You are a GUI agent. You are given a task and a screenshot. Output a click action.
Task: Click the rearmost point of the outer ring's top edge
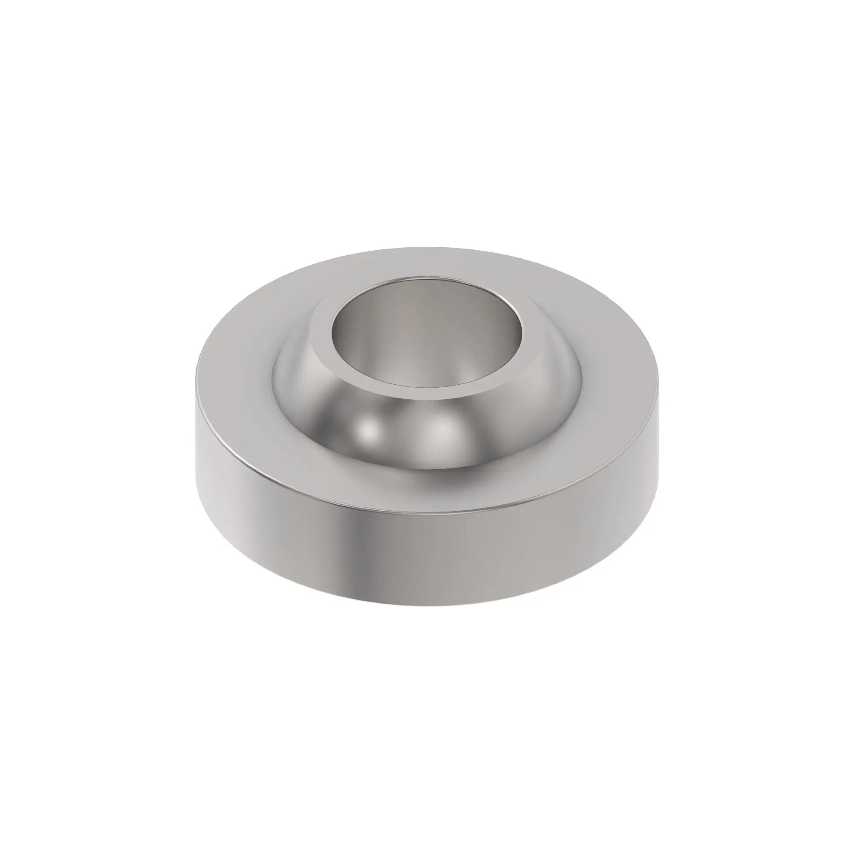(x=427, y=248)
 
